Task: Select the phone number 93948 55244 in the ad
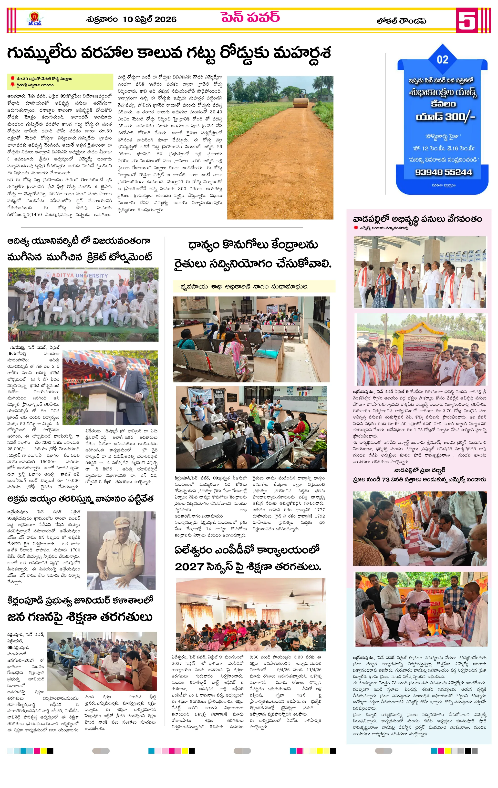coord(443,172)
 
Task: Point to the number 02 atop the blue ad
coord(442,60)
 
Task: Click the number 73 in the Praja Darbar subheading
coord(386,480)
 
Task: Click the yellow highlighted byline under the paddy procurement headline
coord(254,287)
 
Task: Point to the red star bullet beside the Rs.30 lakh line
coord(12,79)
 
